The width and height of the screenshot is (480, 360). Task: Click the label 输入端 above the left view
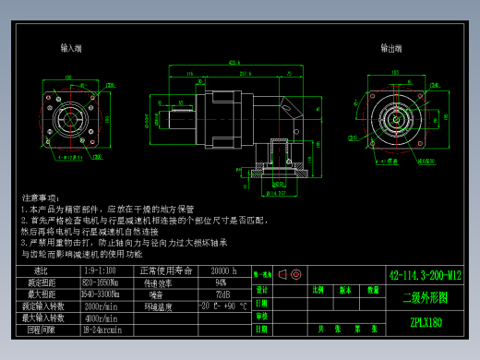[x=71, y=47]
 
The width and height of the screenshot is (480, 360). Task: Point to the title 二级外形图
[x=425, y=298]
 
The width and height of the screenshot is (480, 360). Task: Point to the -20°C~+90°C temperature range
[x=222, y=306]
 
